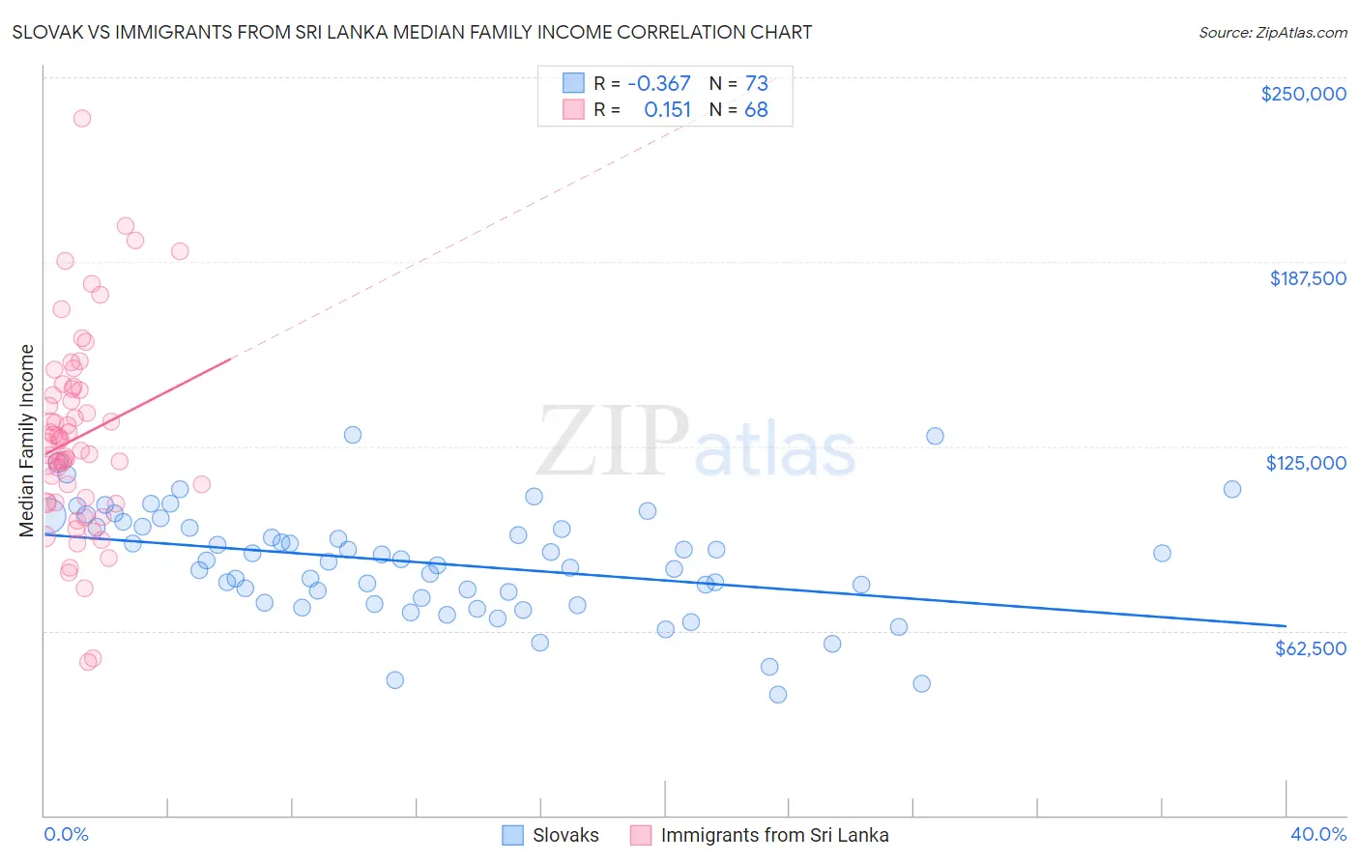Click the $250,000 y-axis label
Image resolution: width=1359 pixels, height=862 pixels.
pyautogui.click(x=1303, y=94)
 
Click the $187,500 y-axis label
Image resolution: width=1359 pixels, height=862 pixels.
pyautogui.click(x=1308, y=278)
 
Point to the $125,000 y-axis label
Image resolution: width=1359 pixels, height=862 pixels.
pyautogui.click(x=1306, y=463)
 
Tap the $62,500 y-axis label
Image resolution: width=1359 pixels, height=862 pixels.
pyautogui.click(x=1310, y=648)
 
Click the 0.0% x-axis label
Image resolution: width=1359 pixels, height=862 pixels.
pyautogui.click(x=66, y=834)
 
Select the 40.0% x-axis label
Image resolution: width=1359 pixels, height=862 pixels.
pyautogui.click(x=1318, y=834)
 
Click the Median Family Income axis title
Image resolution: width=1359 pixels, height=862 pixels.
pyautogui.click(x=27, y=441)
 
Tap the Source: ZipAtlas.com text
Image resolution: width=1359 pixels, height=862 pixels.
pyautogui.click(x=1272, y=32)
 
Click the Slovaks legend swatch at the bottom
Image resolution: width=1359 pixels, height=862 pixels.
pyautogui.click(x=512, y=835)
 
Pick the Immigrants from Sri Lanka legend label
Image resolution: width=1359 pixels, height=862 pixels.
pyautogui.click(x=774, y=835)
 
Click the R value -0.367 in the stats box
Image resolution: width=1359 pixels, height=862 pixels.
pyautogui.click(x=658, y=84)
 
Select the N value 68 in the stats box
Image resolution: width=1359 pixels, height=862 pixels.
pyautogui.click(x=756, y=110)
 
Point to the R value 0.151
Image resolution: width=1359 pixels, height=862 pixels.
pyautogui.click(x=668, y=110)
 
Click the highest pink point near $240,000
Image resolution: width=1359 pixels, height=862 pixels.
pyautogui.click(x=82, y=118)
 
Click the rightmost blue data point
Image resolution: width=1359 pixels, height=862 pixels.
pyautogui.click(x=1231, y=489)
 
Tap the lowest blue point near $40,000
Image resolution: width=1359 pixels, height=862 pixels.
pyautogui.click(x=777, y=694)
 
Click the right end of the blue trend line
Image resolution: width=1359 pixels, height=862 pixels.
pyautogui.click(x=1285, y=626)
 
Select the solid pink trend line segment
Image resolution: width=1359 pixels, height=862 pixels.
pyautogui.click(x=145, y=403)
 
